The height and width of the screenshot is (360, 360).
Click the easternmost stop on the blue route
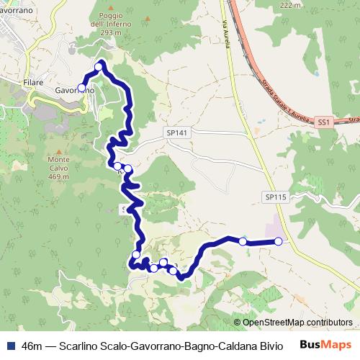pos(279,241)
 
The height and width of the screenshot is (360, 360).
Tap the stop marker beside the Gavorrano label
pos(81,88)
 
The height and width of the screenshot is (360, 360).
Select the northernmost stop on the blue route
pos(99,67)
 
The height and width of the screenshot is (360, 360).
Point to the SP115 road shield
pos(275,197)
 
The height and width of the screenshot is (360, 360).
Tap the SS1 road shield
pos(323,123)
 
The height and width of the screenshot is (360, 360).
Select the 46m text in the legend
pos(32,345)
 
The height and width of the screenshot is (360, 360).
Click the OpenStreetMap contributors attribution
pos(297,322)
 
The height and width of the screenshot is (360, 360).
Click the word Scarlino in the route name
pos(80,345)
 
